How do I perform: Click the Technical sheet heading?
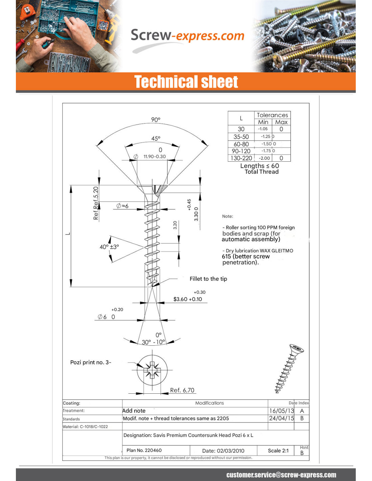(186, 82)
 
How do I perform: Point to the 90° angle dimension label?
(156, 120)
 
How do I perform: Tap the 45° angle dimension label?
(156, 138)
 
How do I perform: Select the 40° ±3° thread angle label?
(109, 247)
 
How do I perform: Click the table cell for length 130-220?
(241, 158)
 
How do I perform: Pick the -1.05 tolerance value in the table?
(263, 129)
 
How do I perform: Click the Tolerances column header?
(272, 115)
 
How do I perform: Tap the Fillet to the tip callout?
(208, 279)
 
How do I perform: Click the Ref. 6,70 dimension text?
(182, 390)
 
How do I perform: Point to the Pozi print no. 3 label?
(91, 362)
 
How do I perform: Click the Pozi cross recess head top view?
(152, 370)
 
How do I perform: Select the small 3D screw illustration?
(289, 368)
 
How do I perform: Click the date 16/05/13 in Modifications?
(281, 411)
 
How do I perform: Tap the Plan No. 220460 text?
(144, 450)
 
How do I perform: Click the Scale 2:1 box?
(278, 451)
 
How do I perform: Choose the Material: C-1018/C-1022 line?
(85, 427)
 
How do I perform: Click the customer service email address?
(281, 475)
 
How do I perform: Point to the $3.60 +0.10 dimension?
(188, 299)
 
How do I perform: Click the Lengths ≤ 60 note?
(259, 166)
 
